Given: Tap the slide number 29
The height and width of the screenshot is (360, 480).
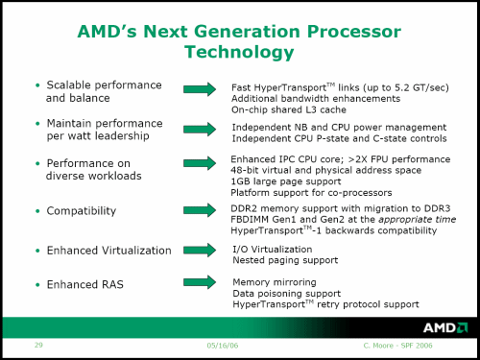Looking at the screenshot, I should pos(38,345).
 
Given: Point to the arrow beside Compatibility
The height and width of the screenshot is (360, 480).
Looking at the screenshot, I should pos(199,210).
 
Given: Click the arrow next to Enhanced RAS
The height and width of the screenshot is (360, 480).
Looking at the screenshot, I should pos(199,284).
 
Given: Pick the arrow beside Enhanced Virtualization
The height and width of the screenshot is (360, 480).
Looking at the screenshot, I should pos(199,251).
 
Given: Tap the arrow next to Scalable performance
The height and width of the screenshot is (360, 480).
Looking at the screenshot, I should pos(199,89).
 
